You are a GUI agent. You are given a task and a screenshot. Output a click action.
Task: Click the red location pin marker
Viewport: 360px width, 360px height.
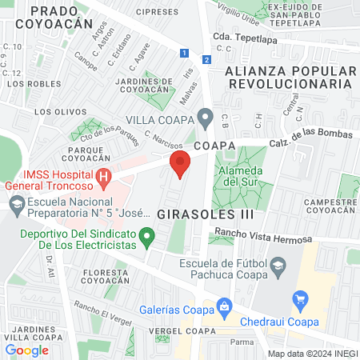(180, 164)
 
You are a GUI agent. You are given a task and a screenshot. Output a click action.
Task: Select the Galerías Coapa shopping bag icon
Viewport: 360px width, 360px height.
(225, 306)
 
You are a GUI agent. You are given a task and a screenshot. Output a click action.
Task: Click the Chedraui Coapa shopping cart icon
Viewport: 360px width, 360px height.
(301, 301)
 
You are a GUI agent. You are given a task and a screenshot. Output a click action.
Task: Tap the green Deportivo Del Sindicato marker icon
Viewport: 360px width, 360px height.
(146, 236)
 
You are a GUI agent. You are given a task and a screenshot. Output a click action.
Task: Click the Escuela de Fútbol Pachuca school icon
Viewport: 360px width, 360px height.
(278, 266)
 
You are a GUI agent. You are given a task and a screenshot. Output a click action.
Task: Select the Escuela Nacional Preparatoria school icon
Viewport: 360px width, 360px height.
(16, 205)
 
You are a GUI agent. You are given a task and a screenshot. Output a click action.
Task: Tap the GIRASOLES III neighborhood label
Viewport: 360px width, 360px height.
(206, 214)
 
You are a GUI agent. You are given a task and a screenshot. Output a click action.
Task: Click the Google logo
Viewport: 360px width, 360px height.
(27, 350)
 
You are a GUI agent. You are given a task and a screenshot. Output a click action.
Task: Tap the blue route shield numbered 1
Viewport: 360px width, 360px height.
(185, 53)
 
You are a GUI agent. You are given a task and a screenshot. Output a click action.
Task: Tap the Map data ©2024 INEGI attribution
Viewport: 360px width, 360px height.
(312, 353)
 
